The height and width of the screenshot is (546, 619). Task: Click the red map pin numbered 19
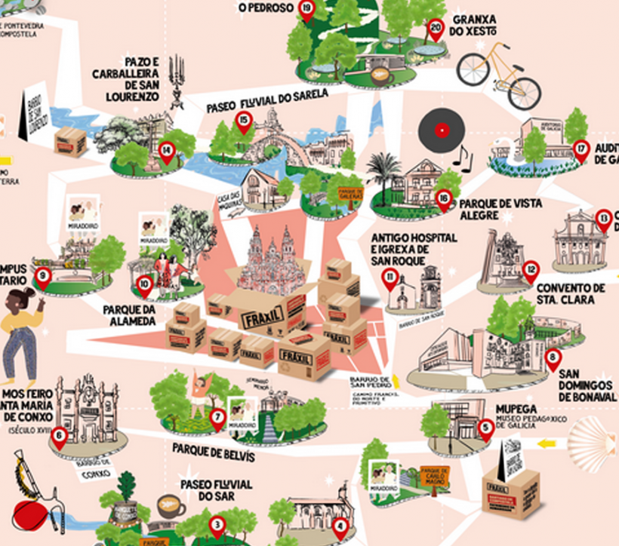click(x=306, y=10)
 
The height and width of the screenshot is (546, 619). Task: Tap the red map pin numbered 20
click(x=435, y=29)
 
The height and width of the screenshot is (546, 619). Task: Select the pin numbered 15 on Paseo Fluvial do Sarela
click(x=243, y=120)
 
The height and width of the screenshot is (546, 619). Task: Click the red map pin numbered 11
click(x=390, y=278)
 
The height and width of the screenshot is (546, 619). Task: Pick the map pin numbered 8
click(x=553, y=358)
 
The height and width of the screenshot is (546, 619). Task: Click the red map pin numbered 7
click(x=218, y=417)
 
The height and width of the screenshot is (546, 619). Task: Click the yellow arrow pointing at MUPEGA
click(x=549, y=443)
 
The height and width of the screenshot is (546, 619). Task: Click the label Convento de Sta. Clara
click(x=571, y=293)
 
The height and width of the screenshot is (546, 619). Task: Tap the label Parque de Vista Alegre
click(x=488, y=209)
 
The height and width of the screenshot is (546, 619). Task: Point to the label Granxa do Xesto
click(x=473, y=25)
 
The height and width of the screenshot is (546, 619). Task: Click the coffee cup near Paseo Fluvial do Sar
click(x=170, y=505)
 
